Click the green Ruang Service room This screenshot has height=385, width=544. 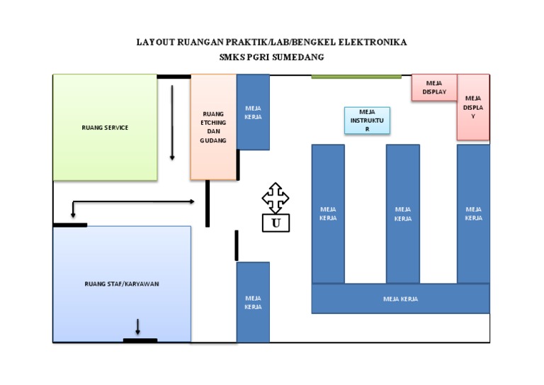click(105, 128)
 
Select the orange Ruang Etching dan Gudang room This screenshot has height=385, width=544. click(213, 128)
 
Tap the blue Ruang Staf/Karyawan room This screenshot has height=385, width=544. click(122, 284)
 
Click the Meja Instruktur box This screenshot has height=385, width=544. click(366, 121)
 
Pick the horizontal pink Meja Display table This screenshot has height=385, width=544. click(434, 87)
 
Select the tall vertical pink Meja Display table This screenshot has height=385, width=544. click(473, 107)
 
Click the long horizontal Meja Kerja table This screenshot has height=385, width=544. click(400, 298)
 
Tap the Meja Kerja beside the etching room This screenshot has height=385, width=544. click(253, 112)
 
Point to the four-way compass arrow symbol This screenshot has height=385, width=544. click(276, 197)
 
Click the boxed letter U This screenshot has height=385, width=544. click(276, 224)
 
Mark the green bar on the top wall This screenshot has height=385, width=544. click(356, 77)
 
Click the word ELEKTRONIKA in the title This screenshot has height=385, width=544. click(373, 42)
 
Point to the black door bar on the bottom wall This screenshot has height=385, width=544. click(140, 341)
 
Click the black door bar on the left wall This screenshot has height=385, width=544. click(70, 225)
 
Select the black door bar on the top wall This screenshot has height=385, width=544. click(174, 76)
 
